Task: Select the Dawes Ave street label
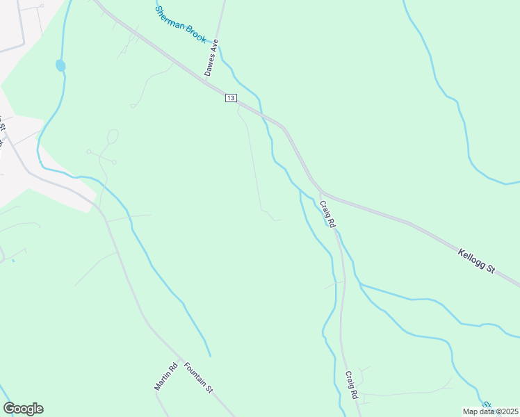point(211,57)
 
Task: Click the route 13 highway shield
point(231,98)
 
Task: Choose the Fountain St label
point(198,378)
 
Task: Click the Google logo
point(23,409)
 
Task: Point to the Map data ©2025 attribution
point(490,411)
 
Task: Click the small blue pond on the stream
point(60,65)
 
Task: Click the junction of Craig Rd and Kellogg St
point(319,189)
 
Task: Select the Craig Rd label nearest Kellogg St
point(327,214)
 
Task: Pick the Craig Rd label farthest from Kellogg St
point(351,384)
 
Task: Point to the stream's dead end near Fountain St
point(210,356)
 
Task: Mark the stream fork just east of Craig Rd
point(359,284)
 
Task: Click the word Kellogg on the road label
point(470,256)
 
